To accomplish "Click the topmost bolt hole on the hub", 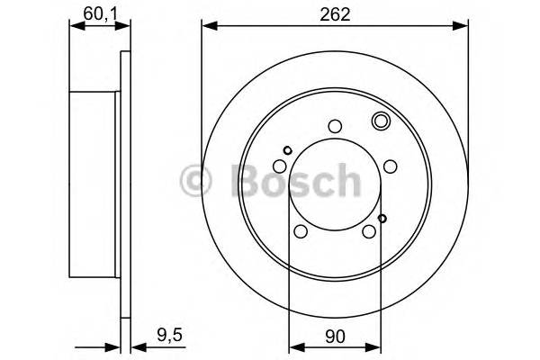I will tap(334, 127).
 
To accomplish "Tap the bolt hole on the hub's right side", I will tap(390, 166).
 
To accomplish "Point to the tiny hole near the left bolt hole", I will tap(287, 150).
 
